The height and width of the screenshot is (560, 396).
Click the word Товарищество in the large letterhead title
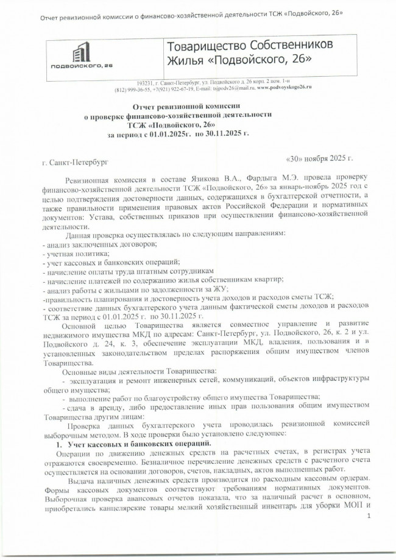tap(205, 46)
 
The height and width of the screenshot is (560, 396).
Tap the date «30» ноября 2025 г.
tap(319, 158)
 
